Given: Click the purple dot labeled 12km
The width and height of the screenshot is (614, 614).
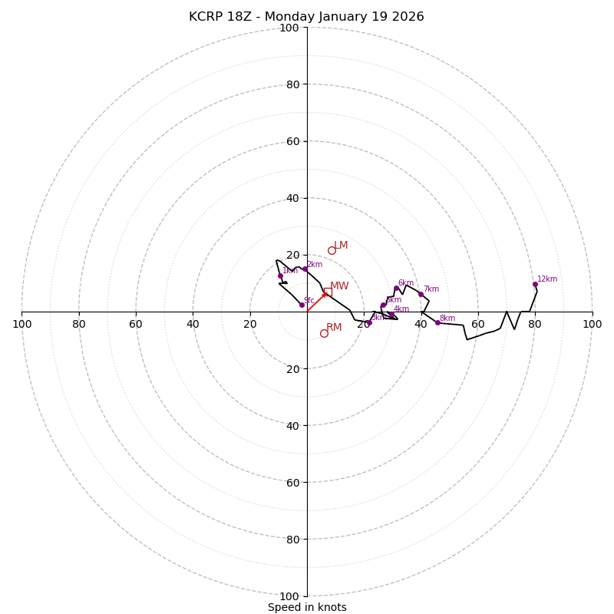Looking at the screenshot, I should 535,284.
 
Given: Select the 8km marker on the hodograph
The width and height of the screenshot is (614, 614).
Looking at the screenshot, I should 437,322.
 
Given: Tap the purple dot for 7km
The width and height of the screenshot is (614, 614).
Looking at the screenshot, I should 421,294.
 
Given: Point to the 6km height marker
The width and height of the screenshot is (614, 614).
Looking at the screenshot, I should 396,288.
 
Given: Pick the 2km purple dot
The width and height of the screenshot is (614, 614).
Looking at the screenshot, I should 305,269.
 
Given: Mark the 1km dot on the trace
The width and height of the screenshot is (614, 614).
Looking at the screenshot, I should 280,276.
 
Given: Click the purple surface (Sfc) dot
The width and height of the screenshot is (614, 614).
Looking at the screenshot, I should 302,305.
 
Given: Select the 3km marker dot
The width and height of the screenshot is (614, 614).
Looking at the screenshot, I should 368,322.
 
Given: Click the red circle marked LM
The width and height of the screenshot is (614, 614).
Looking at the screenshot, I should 332,250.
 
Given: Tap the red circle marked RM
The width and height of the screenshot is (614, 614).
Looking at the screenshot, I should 324,333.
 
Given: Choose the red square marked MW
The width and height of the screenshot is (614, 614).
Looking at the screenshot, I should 328,292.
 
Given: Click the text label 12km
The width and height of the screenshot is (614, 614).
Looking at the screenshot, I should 547,279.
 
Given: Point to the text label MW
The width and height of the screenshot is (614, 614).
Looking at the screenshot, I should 339,286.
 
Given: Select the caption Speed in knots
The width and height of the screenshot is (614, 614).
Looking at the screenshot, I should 307,607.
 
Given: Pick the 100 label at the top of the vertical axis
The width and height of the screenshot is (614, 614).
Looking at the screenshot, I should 289,28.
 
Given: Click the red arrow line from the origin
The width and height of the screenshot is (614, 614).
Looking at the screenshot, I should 315,302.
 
